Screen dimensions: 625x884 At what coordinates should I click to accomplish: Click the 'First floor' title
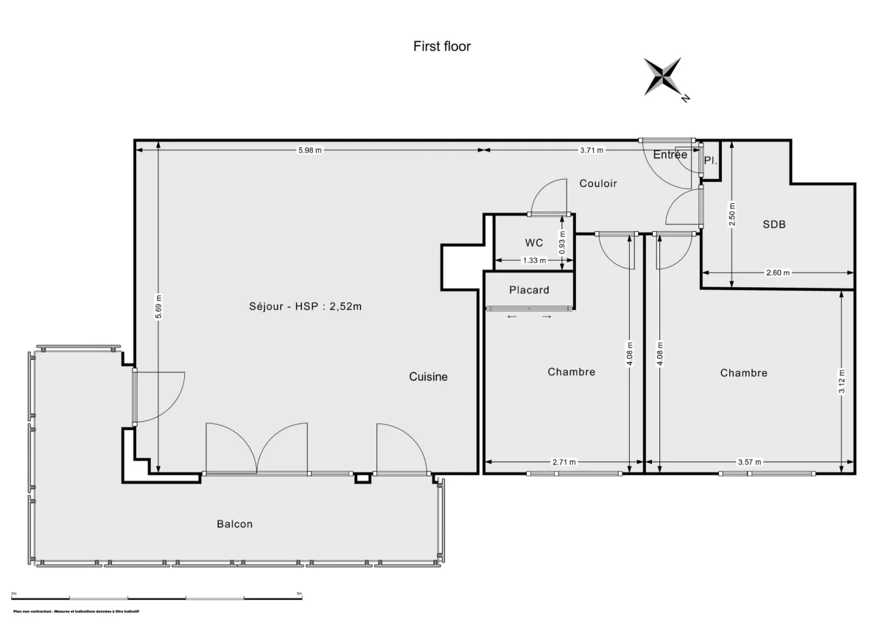441,46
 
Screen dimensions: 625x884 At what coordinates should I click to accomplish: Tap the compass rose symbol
664,77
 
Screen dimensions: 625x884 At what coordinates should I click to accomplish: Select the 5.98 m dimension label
309,150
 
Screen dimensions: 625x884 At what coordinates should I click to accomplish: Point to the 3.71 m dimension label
591,150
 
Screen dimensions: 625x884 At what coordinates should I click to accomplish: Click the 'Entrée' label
670,155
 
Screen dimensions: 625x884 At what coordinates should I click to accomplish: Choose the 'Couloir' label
597,183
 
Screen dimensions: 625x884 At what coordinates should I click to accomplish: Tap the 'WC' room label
534,243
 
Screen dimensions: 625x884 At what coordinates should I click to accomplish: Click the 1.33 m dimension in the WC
534,261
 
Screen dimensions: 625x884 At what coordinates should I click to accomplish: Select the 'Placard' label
529,290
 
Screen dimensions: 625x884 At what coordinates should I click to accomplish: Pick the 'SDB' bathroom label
773,225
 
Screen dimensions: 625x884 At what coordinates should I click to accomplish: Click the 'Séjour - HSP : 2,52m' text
305,307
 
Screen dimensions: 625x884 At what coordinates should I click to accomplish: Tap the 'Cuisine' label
428,377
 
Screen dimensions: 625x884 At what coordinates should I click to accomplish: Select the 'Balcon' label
234,524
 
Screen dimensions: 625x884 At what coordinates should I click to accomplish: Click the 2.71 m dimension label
564,462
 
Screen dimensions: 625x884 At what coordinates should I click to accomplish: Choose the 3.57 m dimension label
748,462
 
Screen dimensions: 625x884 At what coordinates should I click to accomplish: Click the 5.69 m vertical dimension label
158,308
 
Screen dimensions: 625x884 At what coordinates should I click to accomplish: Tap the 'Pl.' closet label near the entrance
710,160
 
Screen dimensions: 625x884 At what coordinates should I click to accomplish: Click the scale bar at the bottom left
156,596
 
